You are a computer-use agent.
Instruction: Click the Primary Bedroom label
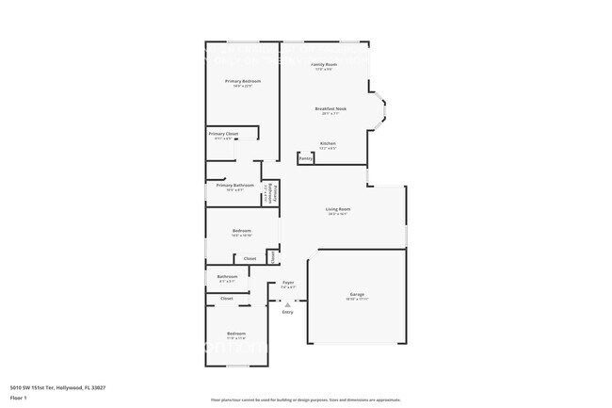(x=242, y=82)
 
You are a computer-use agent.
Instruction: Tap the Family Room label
(x=324, y=64)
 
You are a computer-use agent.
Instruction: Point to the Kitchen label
(x=328, y=143)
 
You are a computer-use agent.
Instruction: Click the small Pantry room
(x=306, y=159)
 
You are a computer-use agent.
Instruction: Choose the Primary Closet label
(x=223, y=134)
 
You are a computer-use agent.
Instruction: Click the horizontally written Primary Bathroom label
(x=234, y=186)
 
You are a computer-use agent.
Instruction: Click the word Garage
(x=358, y=294)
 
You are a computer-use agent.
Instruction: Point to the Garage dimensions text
(x=358, y=300)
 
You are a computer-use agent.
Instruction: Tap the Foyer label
(x=288, y=283)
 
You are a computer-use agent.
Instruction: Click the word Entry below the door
(x=287, y=312)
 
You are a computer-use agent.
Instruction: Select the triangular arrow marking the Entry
(x=287, y=303)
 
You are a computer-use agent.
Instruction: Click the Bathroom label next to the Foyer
(x=228, y=276)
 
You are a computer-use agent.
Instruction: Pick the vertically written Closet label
(x=271, y=255)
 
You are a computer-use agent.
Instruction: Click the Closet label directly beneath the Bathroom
(x=227, y=299)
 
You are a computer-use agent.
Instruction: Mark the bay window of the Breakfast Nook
(x=378, y=110)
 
